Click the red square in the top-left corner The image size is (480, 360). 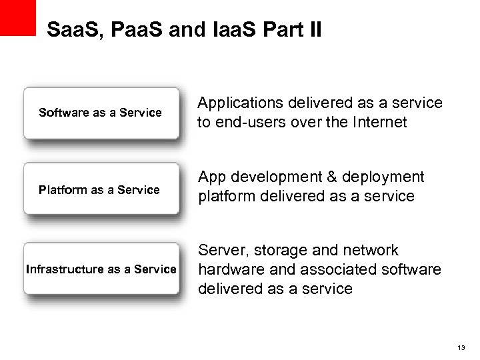(17, 17)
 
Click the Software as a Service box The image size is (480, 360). (101, 113)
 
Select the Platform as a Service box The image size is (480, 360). (101, 190)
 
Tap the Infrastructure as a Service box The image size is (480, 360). (101, 269)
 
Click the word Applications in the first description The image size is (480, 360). (241, 103)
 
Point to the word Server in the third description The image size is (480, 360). (221, 251)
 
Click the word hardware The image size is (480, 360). (226, 269)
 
